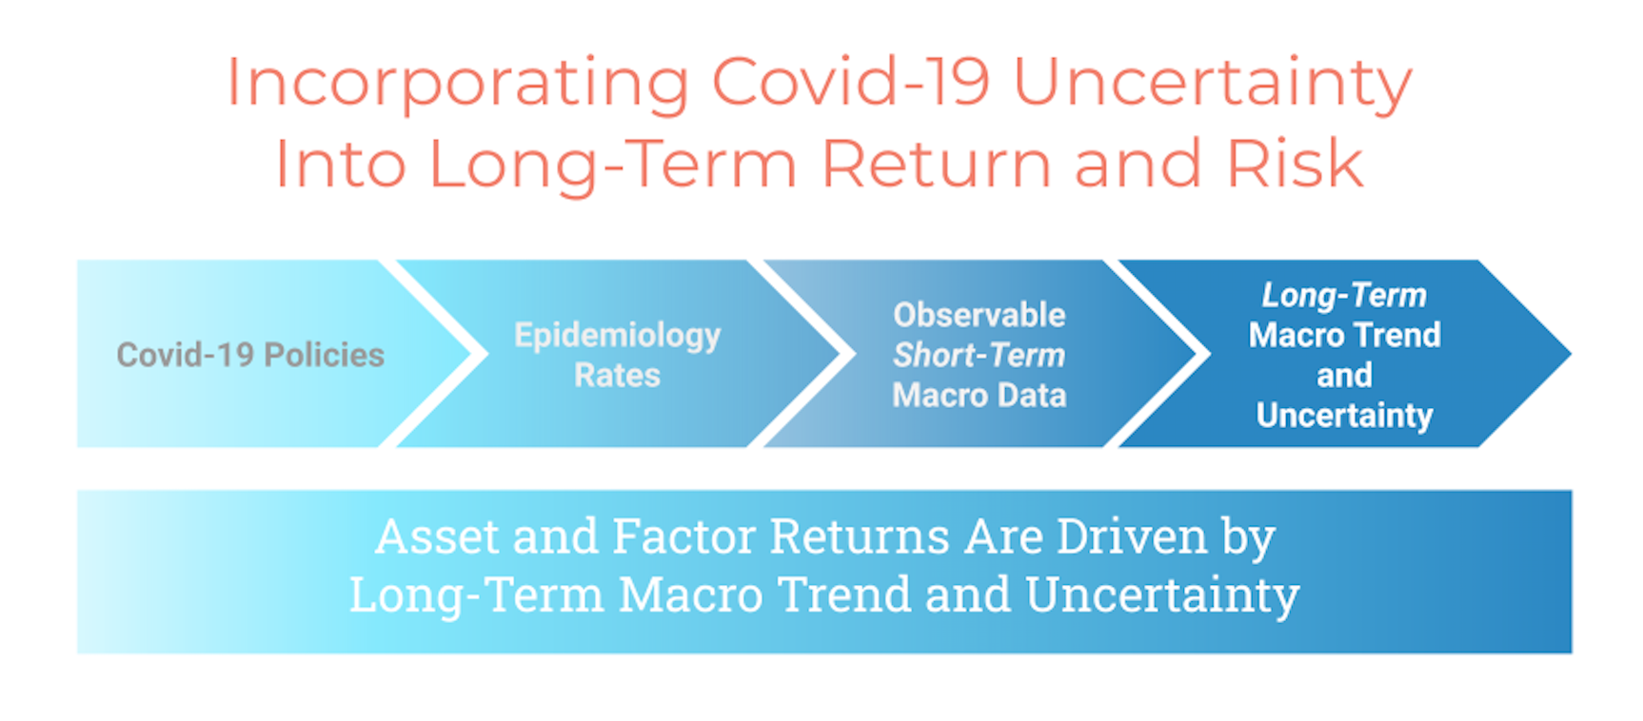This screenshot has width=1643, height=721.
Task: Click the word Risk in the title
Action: [x=1295, y=163]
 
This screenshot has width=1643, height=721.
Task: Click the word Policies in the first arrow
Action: [x=324, y=355]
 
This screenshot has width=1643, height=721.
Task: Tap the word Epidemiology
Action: [x=617, y=336]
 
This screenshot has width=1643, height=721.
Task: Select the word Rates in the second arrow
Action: [x=617, y=375]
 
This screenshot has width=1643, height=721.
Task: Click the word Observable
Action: [x=979, y=315]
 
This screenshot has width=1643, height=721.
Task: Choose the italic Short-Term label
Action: [x=979, y=355]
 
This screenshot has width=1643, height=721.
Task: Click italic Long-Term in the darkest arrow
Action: [x=1344, y=296]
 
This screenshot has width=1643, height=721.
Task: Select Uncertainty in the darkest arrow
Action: [x=1344, y=416]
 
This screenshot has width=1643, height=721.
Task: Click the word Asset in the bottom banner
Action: [x=437, y=536]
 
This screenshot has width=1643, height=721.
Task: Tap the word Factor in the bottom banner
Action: [x=683, y=536]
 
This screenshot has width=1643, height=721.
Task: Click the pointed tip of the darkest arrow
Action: [x=1570, y=354]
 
